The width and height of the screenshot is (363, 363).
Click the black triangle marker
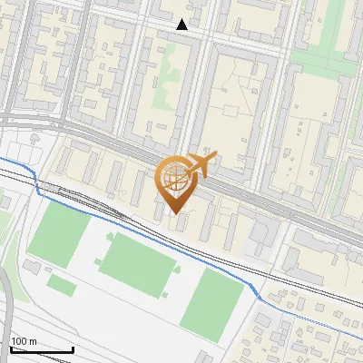(182, 25)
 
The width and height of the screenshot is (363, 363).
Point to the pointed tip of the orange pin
(176, 213)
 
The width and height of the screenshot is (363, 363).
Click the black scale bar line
(42, 350)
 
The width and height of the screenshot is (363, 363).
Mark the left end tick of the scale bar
(11, 348)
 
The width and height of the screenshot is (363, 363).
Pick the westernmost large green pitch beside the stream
(59, 234)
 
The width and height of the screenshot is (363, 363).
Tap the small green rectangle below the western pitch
(61, 285)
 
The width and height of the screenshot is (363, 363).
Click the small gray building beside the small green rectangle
(34, 268)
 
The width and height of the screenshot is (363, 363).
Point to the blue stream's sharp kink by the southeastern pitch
(260, 297)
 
